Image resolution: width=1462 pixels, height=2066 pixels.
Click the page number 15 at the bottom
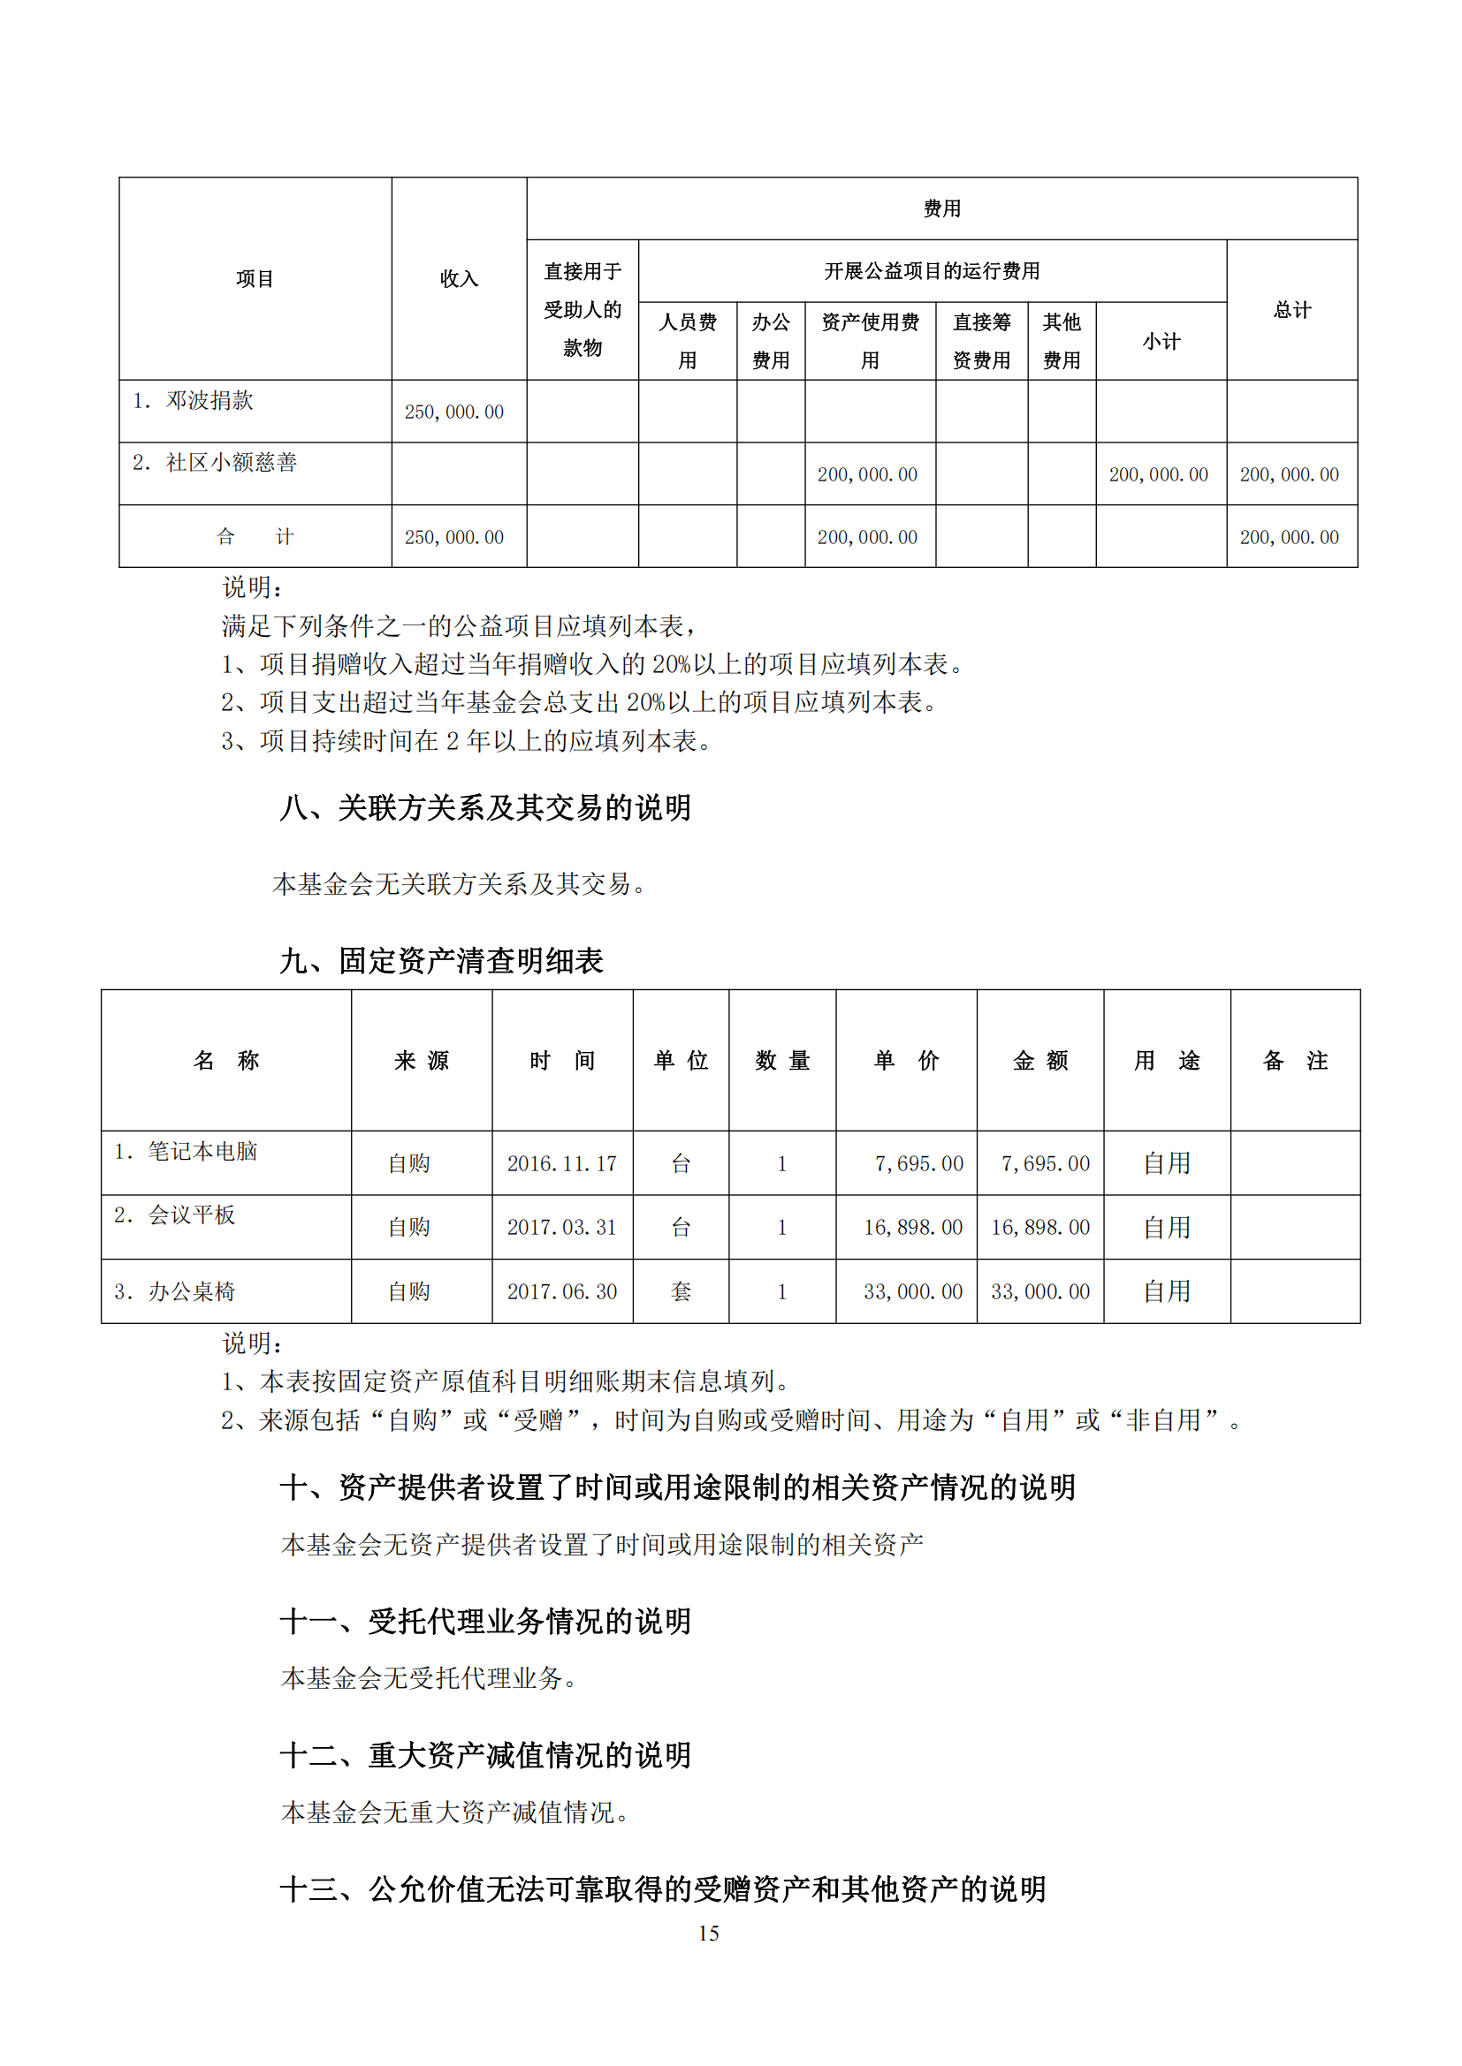coord(709,1933)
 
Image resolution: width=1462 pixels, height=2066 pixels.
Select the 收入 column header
coord(458,279)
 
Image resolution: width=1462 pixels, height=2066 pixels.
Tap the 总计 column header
coord(1292,310)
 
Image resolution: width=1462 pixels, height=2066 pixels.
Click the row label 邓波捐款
coord(209,400)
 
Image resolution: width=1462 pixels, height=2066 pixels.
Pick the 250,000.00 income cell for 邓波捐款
coord(453,412)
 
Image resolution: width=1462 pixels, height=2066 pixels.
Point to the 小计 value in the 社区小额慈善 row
coord(1159,474)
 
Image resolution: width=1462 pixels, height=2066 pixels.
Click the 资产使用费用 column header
coord(870,341)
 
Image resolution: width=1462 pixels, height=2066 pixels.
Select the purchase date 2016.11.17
coord(562,1163)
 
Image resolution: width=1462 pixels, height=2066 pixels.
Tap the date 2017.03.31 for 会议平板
coord(562,1228)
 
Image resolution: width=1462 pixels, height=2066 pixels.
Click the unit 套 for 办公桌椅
coord(681,1291)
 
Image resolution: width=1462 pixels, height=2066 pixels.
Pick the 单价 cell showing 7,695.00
coord(918,1163)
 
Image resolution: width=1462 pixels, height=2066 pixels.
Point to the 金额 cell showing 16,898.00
coord(1039,1228)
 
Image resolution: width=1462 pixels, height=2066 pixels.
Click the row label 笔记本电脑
coord(202,1151)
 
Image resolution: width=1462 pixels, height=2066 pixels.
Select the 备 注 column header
coord(1295,1061)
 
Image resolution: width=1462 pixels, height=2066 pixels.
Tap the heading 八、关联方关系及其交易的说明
coord(485,807)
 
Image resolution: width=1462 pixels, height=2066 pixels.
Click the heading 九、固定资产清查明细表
coord(441,960)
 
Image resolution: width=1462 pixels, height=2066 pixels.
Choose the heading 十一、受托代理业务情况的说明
coord(485,1621)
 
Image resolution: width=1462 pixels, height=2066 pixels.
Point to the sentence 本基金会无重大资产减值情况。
coord(454,1812)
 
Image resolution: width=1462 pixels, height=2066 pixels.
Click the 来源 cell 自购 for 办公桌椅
coord(408,1291)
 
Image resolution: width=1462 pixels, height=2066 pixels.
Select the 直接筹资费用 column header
coord(981,341)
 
